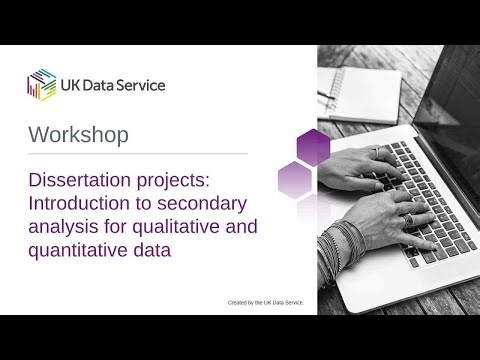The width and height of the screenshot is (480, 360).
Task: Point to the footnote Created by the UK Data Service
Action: point(265,301)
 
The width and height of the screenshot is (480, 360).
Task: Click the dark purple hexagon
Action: point(313,148)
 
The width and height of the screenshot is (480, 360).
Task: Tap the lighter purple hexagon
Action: point(296,180)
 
